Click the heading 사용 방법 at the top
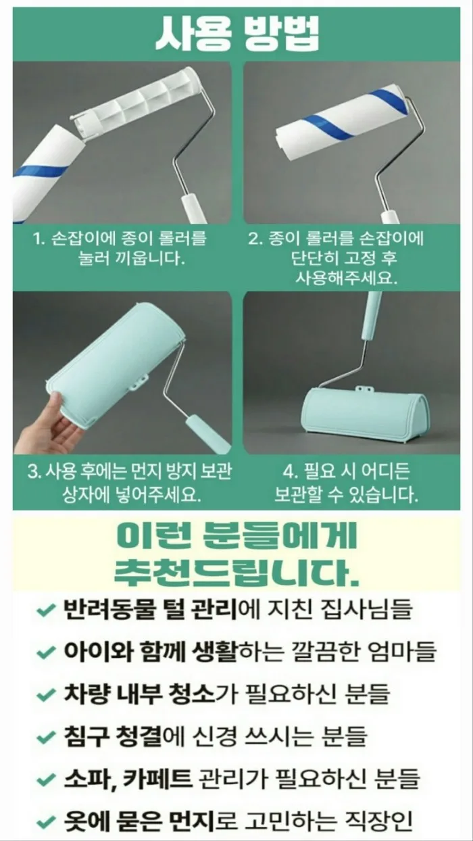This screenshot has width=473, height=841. pyautogui.click(x=237, y=34)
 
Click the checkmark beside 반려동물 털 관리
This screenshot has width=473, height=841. pyautogui.click(x=46, y=610)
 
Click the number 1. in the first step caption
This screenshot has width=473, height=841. pyautogui.click(x=39, y=239)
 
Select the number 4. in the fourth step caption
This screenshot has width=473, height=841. pyautogui.click(x=290, y=472)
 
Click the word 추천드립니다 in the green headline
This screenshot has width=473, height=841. pyautogui.click(x=236, y=574)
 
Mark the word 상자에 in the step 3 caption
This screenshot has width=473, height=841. pyautogui.click(x=86, y=495)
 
